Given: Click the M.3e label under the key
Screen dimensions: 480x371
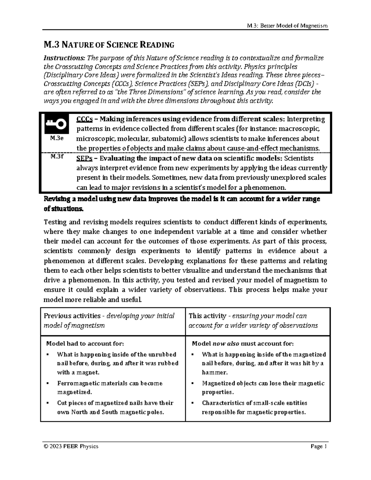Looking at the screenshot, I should [x=57, y=138].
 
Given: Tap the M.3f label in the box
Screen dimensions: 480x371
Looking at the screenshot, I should [x=57, y=156].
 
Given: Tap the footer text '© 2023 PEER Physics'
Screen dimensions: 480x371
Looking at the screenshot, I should [x=71, y=446].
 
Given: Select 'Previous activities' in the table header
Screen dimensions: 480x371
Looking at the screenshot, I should [x=72, y=316].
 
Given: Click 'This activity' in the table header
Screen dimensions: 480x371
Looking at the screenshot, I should [x=207, y=316].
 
